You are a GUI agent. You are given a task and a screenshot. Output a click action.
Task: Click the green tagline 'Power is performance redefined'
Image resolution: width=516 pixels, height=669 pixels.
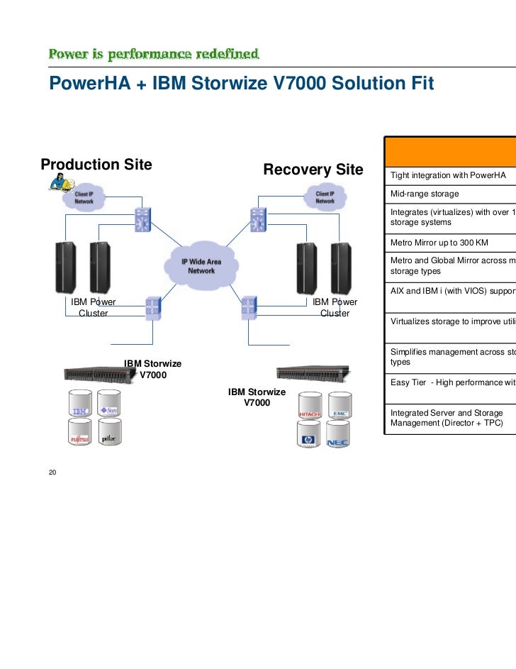[x=153, y=55]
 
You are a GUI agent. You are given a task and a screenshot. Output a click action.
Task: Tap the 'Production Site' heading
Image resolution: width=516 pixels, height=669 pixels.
[x=96, y=165]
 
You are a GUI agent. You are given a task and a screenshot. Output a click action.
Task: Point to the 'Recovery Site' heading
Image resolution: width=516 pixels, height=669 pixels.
[x=312, y=170]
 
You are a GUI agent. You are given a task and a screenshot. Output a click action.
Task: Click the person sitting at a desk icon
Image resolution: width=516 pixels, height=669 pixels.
[x=59, y=184]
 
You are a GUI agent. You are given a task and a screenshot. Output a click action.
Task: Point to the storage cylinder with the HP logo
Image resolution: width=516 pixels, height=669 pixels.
[x=308, y=436]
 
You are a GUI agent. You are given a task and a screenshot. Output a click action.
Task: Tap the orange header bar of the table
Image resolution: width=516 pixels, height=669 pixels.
[x=449, y=150]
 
